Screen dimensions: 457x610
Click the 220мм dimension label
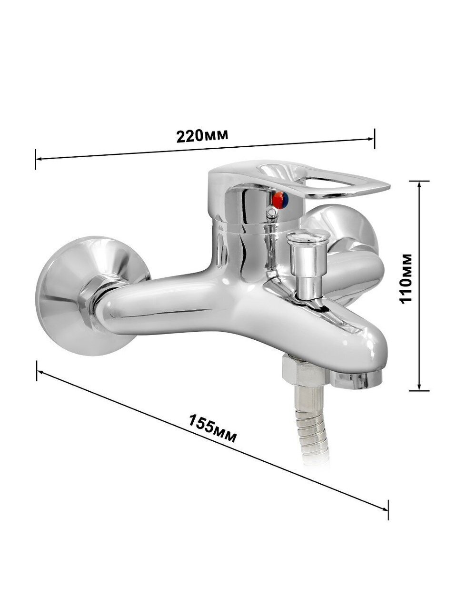coord(202,135)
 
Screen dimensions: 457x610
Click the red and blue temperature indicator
coord(280,200)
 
